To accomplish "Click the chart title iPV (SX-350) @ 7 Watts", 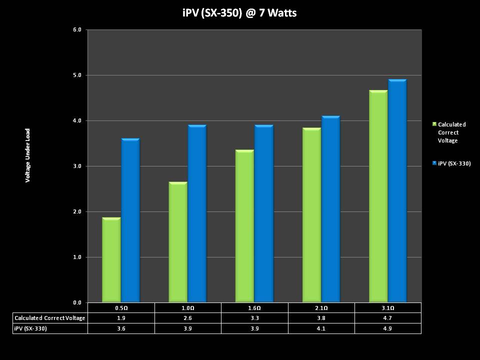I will (x=239, y=13).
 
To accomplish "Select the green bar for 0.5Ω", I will (x=111, y=260).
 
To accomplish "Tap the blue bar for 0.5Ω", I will (x=130, y=220).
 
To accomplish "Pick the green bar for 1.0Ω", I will (x=178, y=242).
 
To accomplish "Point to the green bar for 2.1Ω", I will (x=311, y=215).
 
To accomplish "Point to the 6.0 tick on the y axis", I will (x=77, y=30).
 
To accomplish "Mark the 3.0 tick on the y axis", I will (x=77, y=166).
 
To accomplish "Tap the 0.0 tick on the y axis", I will (x=77, y=302).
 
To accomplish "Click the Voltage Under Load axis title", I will (x=28, y=155).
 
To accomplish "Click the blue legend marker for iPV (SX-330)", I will (x=434, y=163).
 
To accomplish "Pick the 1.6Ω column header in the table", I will (x=254, y=308).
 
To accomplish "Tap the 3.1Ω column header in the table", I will (x=388, y=308).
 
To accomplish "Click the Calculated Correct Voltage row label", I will (x=50, y=318).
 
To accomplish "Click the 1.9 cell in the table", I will (x=121, y=318).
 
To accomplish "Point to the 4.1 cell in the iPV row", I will (x=321, y=328).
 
